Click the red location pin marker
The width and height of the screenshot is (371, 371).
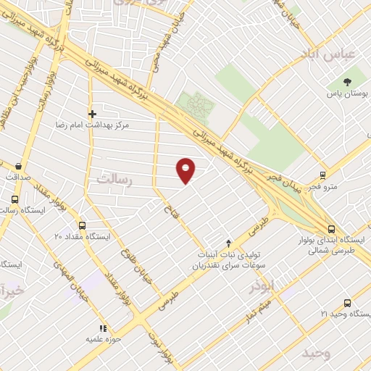pyautogui.click(x=186, y=170)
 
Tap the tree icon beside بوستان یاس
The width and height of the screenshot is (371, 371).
pyautogui.click(x=349, y=82)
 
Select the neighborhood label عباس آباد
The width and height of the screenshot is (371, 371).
pyautogui.click(x=330, y=55)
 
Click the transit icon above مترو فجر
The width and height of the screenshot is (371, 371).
pyautogui.click(x=323, y=175)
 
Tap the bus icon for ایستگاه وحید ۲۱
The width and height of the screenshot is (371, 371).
pyautogui.click(x=348, y=303)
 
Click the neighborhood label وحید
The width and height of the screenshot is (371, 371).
pyautogui.click(x=317, y=354)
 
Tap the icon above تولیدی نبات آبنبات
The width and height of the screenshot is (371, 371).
pyautogui.click(x=229, y=243)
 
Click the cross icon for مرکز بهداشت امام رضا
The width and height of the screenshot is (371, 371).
pyautogui.click(x=92, y=114)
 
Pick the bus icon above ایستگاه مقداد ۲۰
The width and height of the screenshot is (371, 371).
pyautogui.click(x=82, y=225)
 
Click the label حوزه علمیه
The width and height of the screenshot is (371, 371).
pyautogui.click(x=103, y=338)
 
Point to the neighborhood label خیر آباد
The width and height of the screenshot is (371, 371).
pyautogui.click(x=13, y=292)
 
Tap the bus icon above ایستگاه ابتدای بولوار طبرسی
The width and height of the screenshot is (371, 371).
pyautogui.click(x=331, y=228)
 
